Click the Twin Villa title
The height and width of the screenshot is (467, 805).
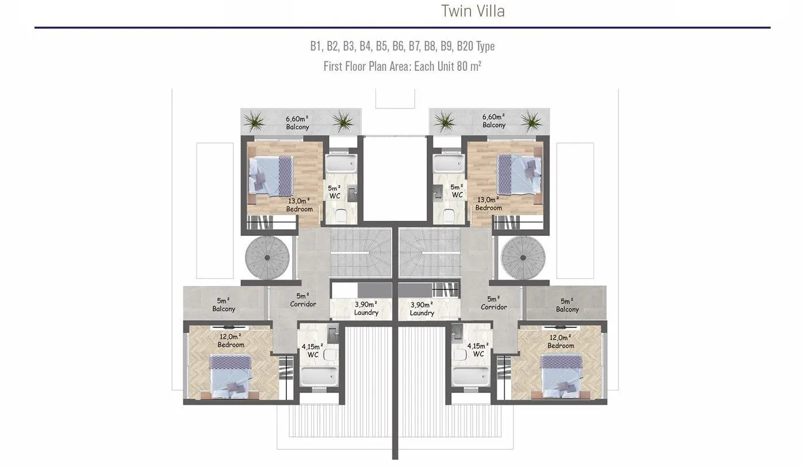tap(473, 11)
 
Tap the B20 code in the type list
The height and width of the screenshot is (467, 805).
tap(465, 46)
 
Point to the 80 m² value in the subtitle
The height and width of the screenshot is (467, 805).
tap(469, 66)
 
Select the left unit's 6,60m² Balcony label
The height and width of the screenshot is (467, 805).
tap(298, 123)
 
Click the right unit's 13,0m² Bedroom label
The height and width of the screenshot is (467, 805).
tap(488, 204)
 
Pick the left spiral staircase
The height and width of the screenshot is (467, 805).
tap(267, 258)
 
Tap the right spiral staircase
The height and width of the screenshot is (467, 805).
tap(523, 258)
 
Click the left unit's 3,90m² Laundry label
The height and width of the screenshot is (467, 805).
tap(366, 308)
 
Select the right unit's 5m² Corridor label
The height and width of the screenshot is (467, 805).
tap(494, 303)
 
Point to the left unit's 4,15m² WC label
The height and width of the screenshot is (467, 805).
tap(312, 350)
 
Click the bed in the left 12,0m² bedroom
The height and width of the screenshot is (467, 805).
tap(230, 376)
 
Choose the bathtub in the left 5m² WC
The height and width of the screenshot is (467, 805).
tap(341, 163)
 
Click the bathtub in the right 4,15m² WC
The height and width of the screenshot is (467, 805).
tap(471, 376)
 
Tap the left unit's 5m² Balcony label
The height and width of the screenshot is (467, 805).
tap(224, 304)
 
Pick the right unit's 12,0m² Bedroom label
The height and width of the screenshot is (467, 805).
tap(561, 342)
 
